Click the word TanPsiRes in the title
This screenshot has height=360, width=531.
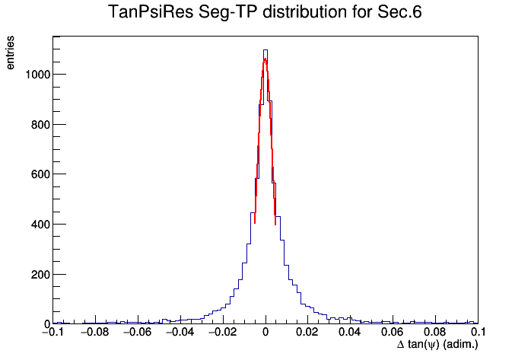click(151, 12)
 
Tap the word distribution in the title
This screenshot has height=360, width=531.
click(305, 12)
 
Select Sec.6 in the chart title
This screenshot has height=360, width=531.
click(399, 12)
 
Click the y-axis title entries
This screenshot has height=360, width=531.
click(10, 53)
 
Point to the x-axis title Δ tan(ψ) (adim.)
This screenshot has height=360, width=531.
click(437, 345)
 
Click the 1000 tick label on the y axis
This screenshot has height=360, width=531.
click(38, 75)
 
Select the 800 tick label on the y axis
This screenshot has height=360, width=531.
click(40, 125)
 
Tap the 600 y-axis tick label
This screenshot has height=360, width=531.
click(40, 174)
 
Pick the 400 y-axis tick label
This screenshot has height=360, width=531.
click(40, 225)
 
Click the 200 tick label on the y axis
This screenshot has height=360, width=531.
click(40, 275)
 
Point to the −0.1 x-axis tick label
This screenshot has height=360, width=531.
click(53, 332)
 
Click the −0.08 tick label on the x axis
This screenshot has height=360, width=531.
click(95, 332)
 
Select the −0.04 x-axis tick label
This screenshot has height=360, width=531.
click(180, 332)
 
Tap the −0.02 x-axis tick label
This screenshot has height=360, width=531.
click(222, 332)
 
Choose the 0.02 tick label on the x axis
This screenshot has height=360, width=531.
click(307, 332)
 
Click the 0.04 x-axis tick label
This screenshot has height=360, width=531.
click(350, 332)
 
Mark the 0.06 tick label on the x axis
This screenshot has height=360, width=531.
click(393, 332)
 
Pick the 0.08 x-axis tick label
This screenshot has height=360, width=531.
click(435, 332)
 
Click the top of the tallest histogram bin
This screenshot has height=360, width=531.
click(265, 50)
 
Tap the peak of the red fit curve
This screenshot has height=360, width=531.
click(265, 59)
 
